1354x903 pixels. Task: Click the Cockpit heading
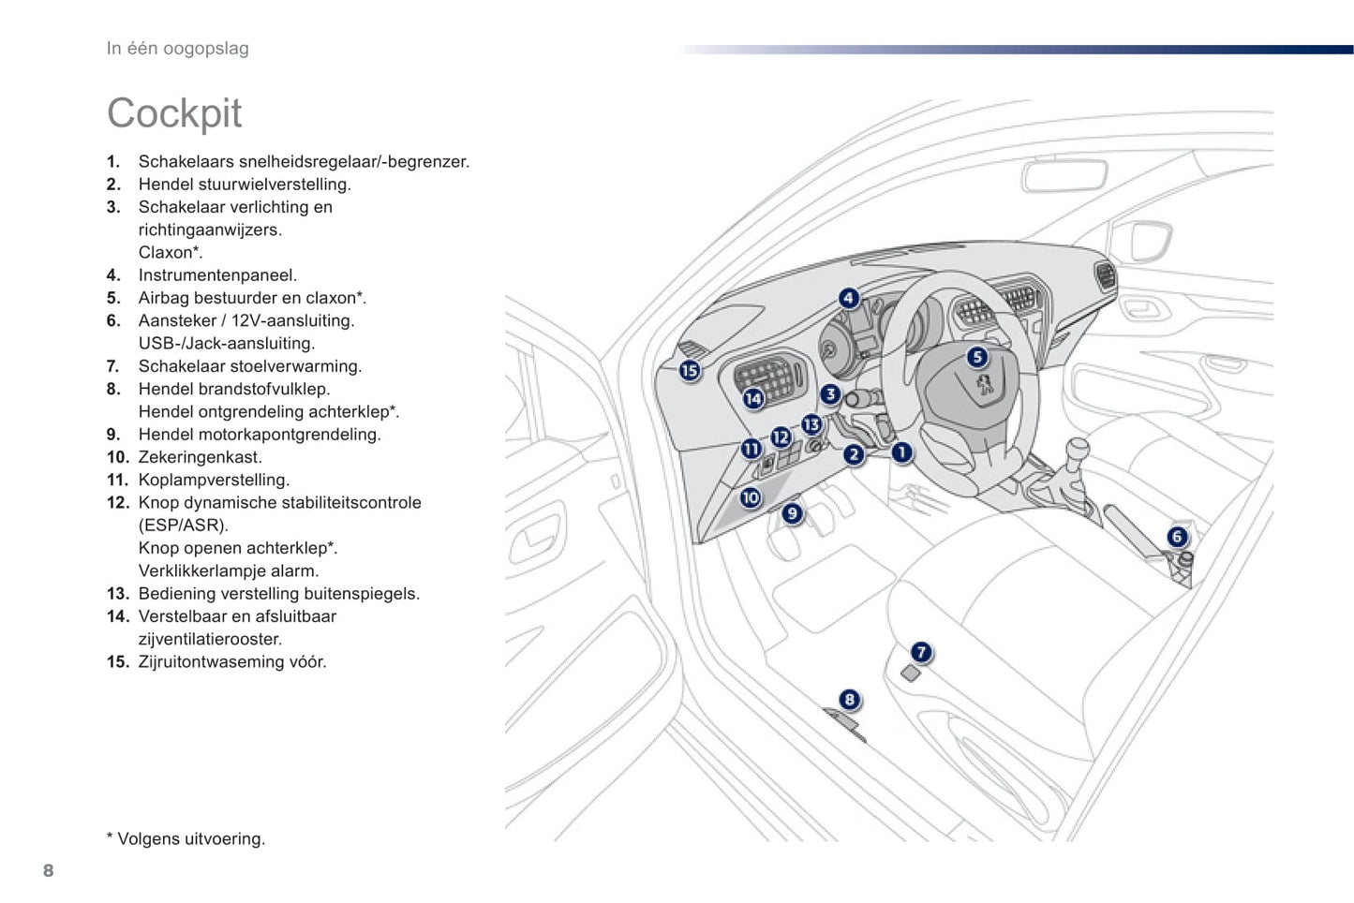coord(174,113)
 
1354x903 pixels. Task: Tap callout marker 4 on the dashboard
coord(848,299)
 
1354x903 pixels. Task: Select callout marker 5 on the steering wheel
coord(977,357)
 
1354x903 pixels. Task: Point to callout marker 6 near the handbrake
coord(1177,537)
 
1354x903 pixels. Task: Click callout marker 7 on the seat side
coord(921,652)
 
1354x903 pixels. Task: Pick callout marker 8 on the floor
coord(849,699)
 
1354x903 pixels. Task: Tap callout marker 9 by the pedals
coord(793,512)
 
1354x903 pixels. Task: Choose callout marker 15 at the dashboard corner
coord(690,371)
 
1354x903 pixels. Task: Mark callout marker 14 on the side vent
coord(753,399)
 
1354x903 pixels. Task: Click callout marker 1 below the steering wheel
coord(901,453)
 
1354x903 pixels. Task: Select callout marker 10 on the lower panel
coord(751,497)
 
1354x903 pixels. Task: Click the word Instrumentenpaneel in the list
coord(217,275)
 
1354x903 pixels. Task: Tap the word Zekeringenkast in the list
coord(200,457)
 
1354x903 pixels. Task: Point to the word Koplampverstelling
coord(214,480)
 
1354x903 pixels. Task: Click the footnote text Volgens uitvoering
coord(190,838)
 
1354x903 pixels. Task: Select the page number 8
coord(49,870)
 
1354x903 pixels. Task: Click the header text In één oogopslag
coord(178,49)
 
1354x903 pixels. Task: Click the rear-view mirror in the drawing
coord(1064,175)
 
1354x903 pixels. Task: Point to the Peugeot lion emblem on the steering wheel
coord(985,385)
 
